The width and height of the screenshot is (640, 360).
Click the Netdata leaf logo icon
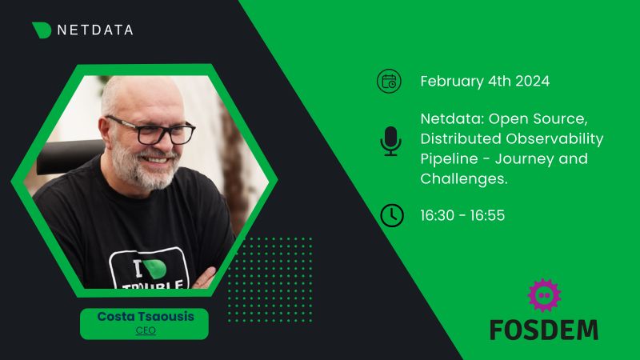[42, 30]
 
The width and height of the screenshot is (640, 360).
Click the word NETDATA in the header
[95, 30]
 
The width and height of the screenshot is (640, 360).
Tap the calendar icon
[390, 81]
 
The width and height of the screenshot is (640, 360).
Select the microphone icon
[390, 141]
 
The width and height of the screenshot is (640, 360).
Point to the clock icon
[391, 215]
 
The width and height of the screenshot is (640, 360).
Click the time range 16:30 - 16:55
[462, 215]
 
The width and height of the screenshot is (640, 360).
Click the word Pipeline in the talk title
[448, 158]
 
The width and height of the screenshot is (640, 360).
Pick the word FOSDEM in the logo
[543, 328]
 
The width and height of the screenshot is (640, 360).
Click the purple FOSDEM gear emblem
[545, 294]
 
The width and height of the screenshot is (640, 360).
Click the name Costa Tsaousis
[145, 317]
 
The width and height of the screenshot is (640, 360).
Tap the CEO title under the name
[145, 330]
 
